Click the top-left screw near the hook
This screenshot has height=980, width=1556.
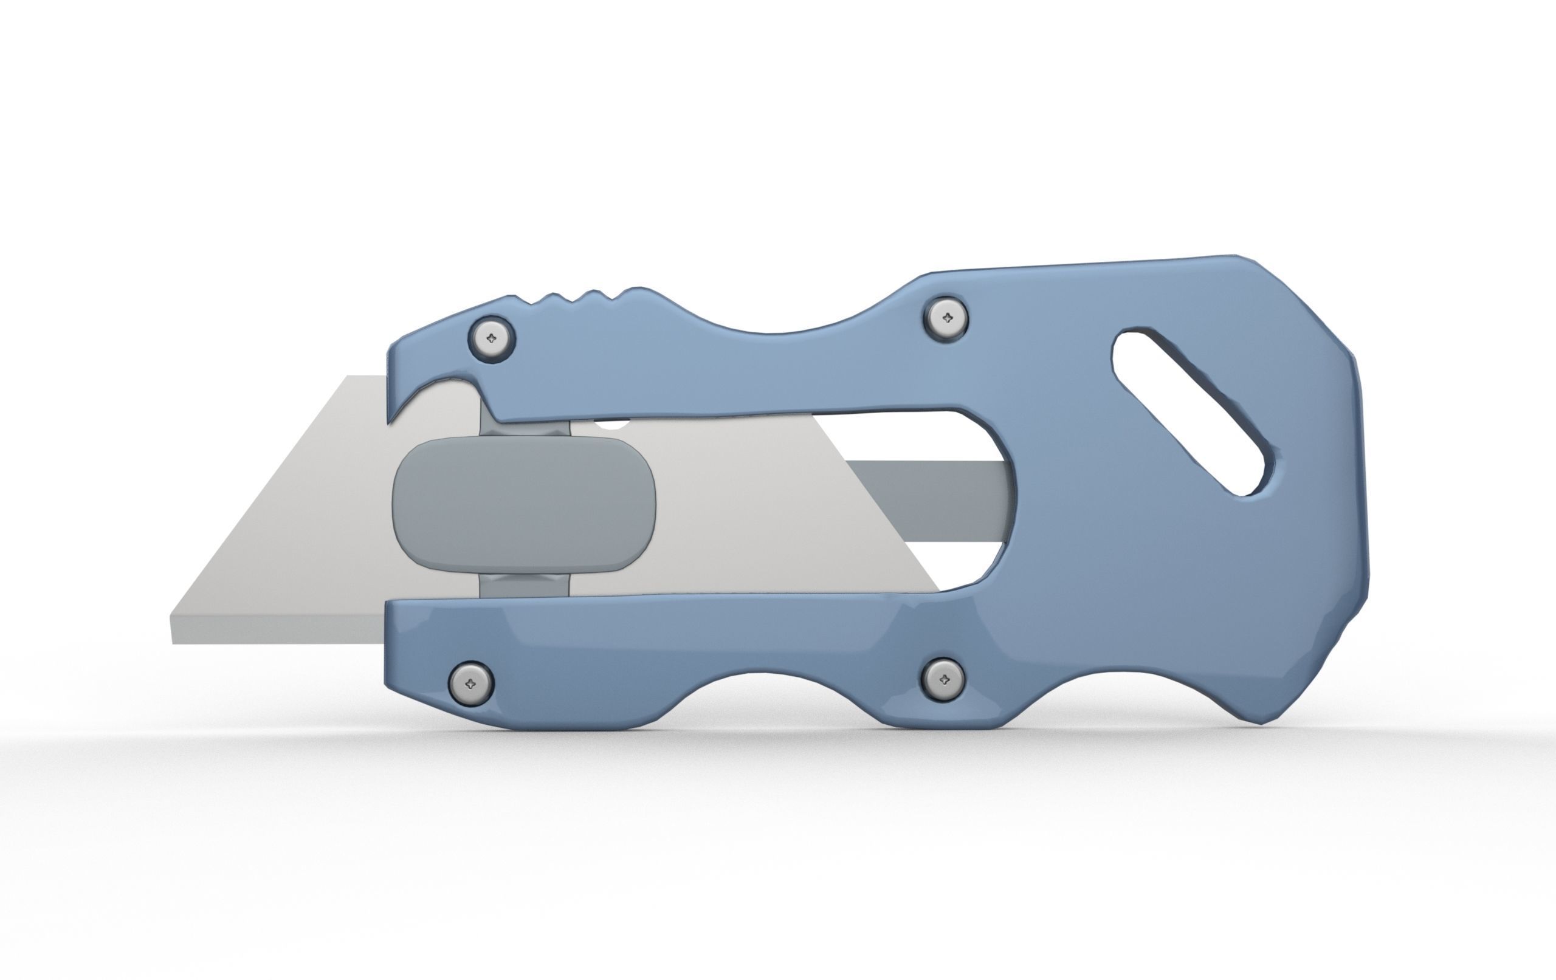[x=492, y=338]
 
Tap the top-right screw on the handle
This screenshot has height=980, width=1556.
[x=948, y=317]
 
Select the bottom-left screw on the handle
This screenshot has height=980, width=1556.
[x=471, y=683]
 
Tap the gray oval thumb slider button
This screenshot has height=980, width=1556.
[x=523, y=505]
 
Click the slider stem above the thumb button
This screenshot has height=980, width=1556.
[x=524, y=428]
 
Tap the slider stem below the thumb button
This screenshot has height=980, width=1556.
[x=524, y=585]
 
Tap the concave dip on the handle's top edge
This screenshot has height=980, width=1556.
[x=776, y=329]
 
